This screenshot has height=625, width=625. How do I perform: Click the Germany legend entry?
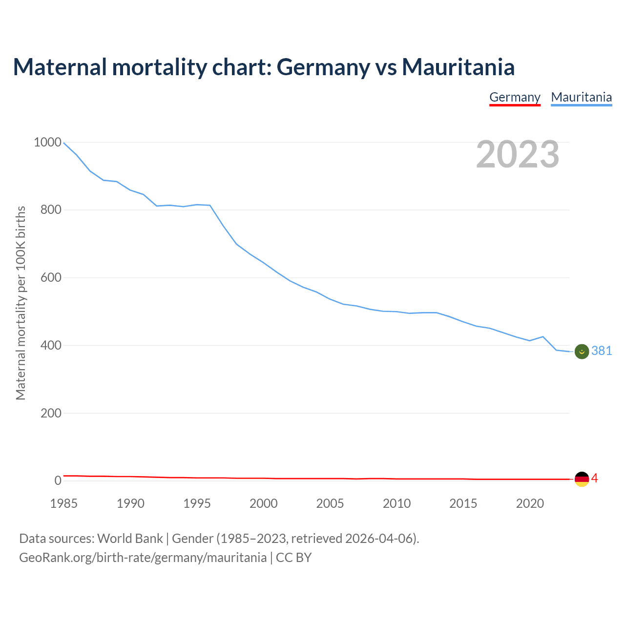pos(515,97)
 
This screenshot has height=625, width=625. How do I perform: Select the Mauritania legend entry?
pos(581,97)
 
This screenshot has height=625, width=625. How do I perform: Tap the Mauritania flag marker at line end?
pos(582,351)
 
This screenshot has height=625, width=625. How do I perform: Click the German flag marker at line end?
pos(582,479)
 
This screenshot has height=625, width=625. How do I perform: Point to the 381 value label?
pos(602,351)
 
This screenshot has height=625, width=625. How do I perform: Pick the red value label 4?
pos(594,479)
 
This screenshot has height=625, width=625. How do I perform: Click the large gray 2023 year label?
pos(518,154)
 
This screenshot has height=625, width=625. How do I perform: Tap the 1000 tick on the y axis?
pos(47,143)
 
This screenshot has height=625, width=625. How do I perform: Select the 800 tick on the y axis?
pos(51,210)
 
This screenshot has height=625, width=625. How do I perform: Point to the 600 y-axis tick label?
pos(51,278)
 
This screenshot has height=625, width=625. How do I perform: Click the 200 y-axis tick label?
pos(51,413)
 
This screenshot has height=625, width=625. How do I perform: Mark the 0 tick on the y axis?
pos(58,481)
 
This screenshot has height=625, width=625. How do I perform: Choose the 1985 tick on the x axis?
pos(64,503)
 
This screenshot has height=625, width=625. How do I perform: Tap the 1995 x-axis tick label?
pos(197,503)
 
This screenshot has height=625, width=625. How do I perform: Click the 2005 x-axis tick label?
pos(330,503)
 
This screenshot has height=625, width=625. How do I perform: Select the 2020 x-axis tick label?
pos(530,503)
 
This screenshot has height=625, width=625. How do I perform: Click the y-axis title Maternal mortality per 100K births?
pos(21,303)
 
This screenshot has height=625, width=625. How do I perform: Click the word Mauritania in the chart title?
pos(458,67)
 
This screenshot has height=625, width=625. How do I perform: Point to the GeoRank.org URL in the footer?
pos(143,558)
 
